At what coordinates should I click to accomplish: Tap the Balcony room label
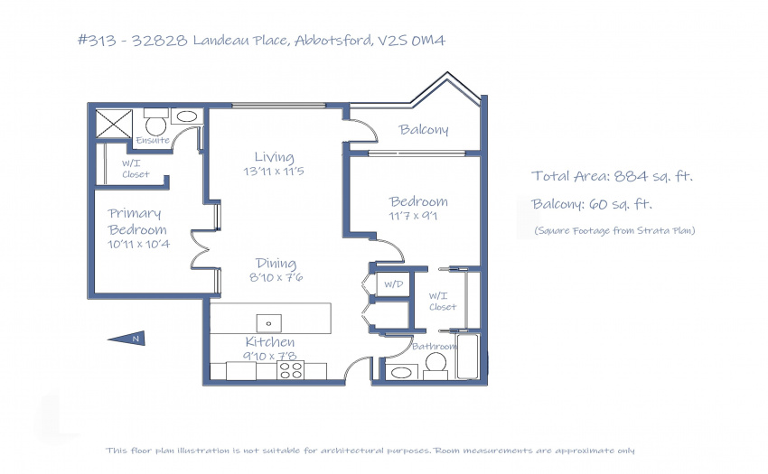click(424, 129)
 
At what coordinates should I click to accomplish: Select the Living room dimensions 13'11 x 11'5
click(274, 172)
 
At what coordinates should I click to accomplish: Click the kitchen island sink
click(269, 323)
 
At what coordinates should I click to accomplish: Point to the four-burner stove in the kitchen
click(290, 370)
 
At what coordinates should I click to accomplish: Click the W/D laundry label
click(394, 284)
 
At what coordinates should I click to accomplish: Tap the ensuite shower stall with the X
click(114, 124)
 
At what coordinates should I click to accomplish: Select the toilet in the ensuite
click(156, 122)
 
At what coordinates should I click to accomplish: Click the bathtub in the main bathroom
click(468, 357)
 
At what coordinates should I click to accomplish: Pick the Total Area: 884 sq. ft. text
click(613, 176)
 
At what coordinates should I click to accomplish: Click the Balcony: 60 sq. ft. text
click(592, 204)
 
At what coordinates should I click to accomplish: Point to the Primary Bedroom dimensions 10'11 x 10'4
click(138, 244)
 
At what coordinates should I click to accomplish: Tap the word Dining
click(276, 264)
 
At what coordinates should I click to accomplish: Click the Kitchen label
click(270, 341)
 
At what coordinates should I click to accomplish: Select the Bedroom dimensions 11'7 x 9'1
click(413, 216)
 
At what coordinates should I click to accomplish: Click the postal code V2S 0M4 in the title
click(411, 40)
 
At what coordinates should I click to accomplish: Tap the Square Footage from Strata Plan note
click(614, 230)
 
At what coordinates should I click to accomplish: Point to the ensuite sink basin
click(187, 116)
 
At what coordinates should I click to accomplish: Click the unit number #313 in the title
click(97, 40)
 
